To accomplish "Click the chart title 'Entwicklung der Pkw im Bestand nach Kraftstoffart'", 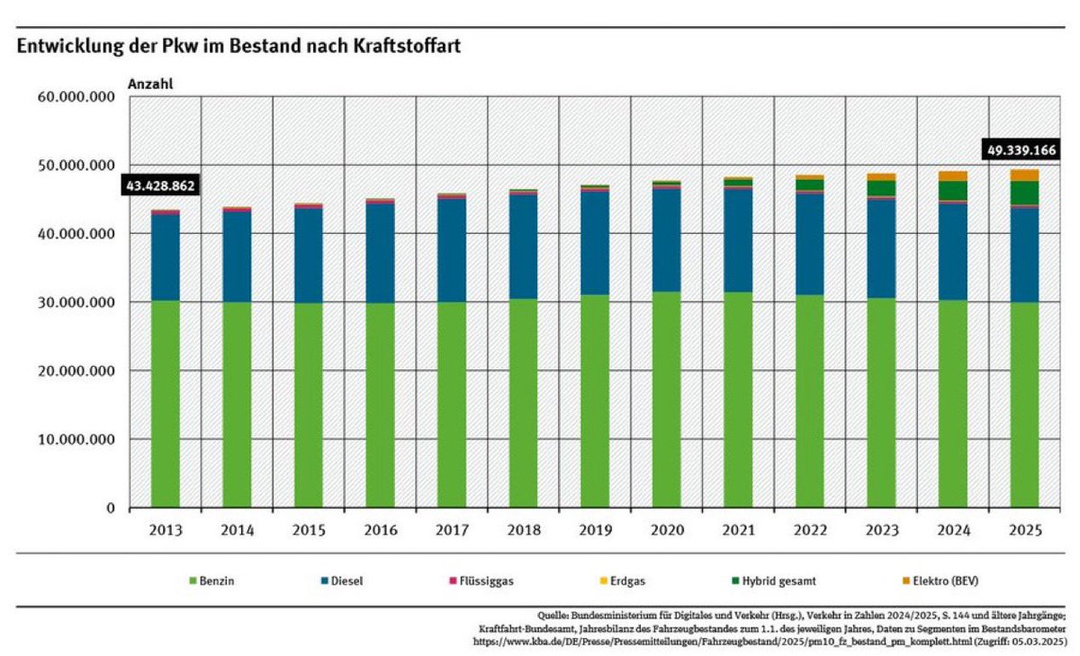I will [x=238, y=47].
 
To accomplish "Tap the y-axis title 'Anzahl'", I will [x=150, y=84].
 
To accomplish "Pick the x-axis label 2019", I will [x=595, y=531].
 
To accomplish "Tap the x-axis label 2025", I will [x=1024, y=531].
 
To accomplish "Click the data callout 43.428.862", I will [x=158, y=184].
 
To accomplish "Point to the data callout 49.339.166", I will [x=1020, y=148].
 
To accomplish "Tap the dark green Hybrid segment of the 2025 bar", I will [x=1024, y=193].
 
